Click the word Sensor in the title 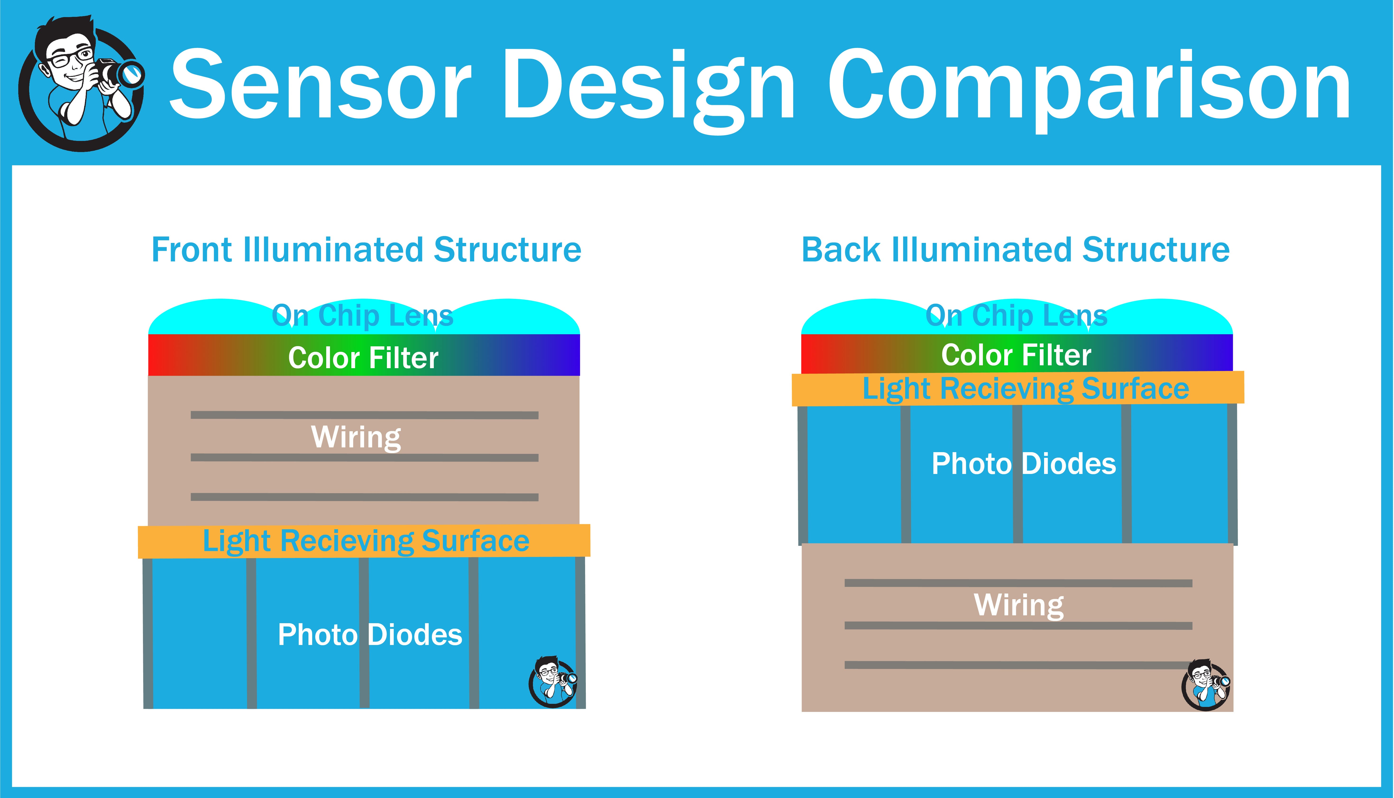321,85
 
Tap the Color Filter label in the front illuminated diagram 363,358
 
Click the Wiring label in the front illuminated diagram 356,437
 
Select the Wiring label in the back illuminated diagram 1019,605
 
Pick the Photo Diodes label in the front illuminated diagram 370,635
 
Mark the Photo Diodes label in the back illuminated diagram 1023,464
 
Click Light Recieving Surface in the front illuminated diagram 366,541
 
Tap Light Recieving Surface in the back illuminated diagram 1025,389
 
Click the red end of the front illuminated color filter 162,355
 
